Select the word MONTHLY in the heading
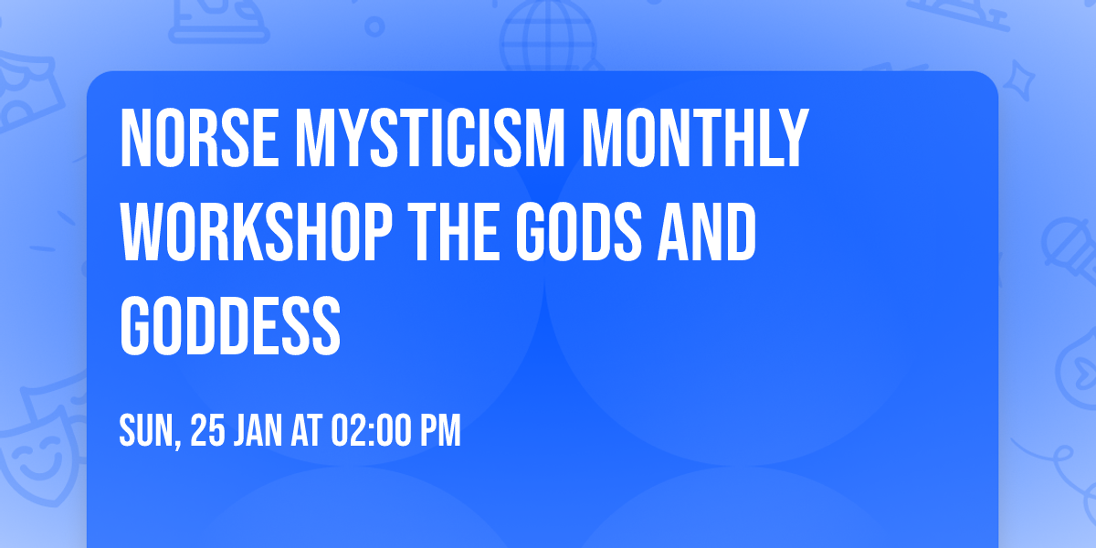pyautogui.click(x=698, y=139)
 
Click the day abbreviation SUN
pyautogui.click(x=145, y=430)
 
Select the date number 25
pyautogui.click(x=206, y=430)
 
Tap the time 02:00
pyautogui.click(x=369, y=430)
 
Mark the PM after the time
pyautogui.click(x=440, y=430)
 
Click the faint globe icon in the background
pyautogui.click(x=545, y=37)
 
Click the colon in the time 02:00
pyautogui.click(x=368, y=431)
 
